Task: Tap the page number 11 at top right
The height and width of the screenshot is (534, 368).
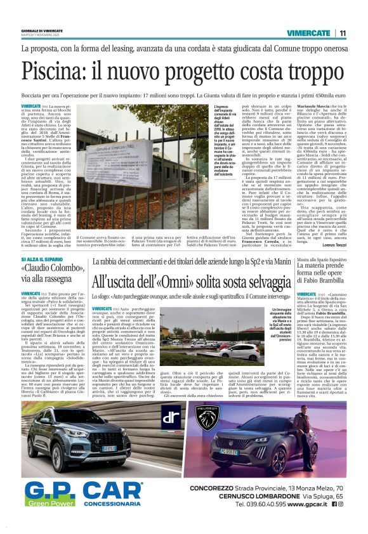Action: pyautogui.click(x=343, y=33)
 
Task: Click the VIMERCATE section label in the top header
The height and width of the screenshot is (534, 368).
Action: pyautogui.click(x=310, y=33)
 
